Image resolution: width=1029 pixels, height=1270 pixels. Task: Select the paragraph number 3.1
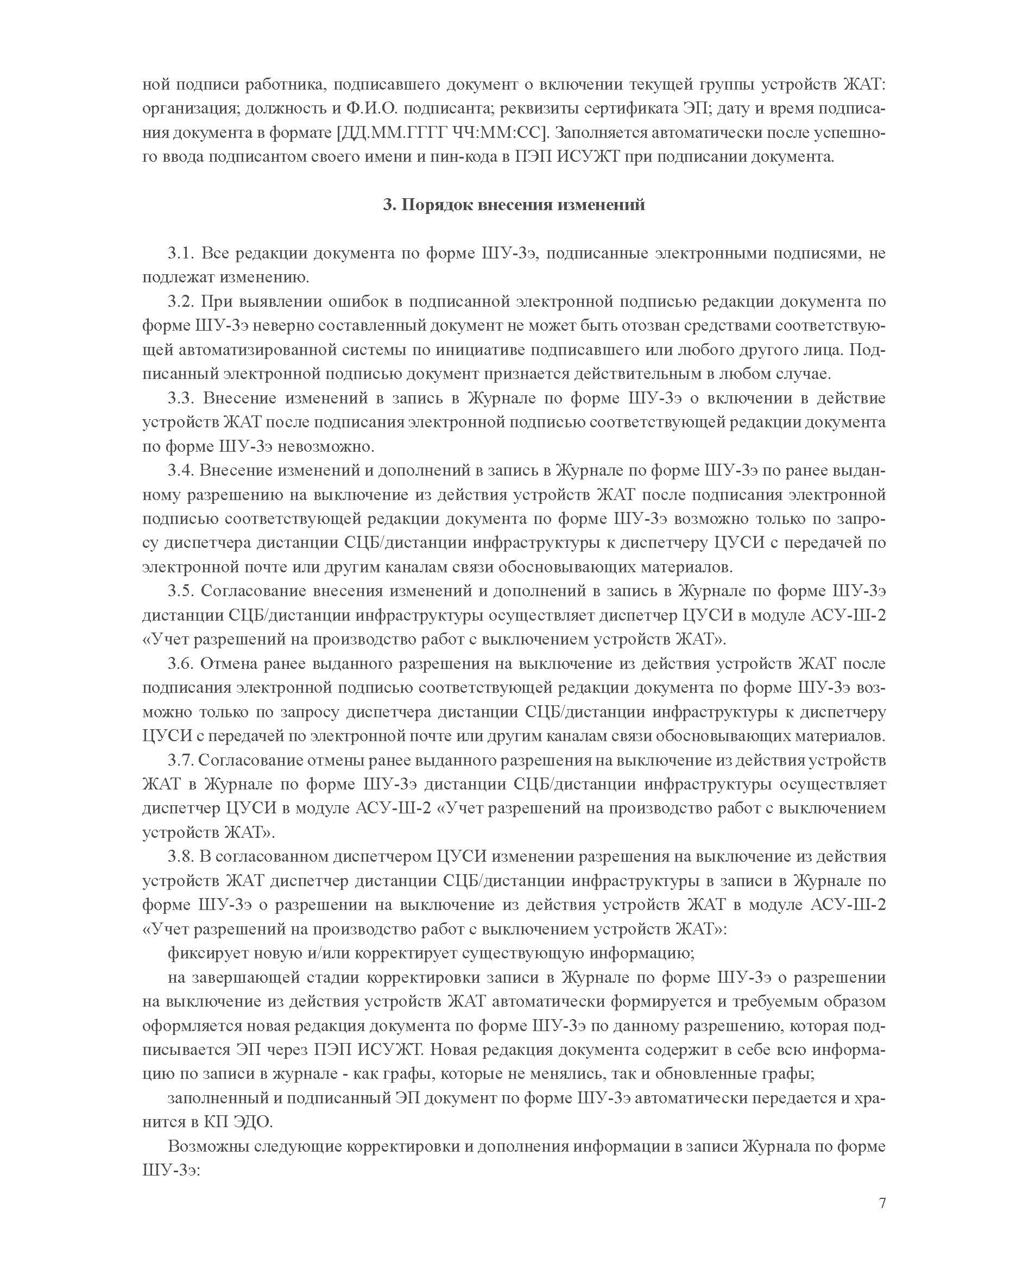pyautogui.click(x=180, y=254)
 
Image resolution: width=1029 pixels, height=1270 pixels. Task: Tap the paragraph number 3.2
pyautogui.click(x=180, y=302)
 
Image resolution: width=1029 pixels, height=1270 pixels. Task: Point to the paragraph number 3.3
pyautogui.click(x=180, y=398)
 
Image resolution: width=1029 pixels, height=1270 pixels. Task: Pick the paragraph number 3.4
pyautogui.click(x=180, y=471)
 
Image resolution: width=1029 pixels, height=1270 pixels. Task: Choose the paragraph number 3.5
pyautogui.click(x=180, y=591)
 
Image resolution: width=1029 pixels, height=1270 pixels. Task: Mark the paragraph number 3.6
pyautogui.click(x=180, y=664)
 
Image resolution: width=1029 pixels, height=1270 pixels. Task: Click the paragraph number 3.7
pyautogui.click(x=180, y=760)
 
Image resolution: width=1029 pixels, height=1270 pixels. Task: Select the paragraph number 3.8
pyautogui.click(x=180, y=857)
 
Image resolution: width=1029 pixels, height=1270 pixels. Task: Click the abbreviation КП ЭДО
pyautogui.click(x=231, y=1122)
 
